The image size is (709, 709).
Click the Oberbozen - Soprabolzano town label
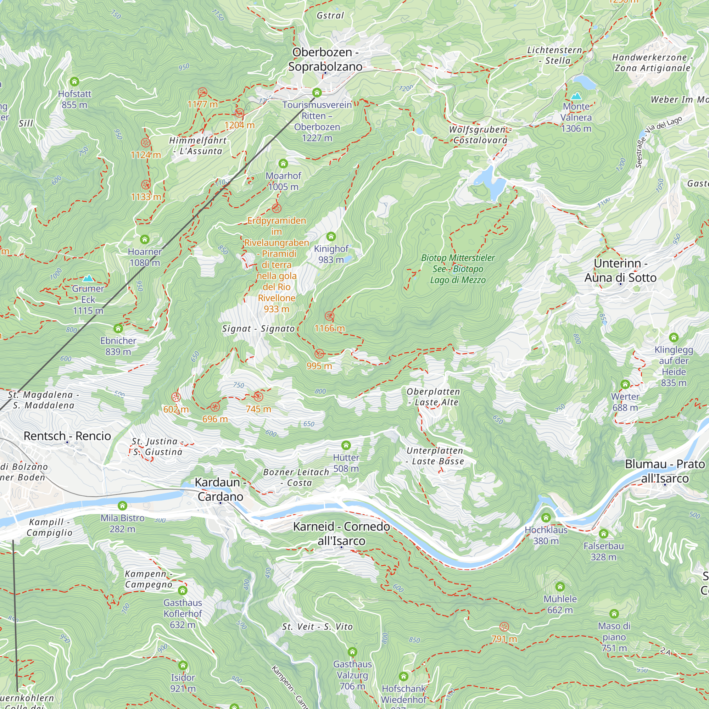325,60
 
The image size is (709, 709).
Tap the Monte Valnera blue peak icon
576,96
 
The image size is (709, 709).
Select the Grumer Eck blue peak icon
88,278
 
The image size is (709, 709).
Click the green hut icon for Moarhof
283,163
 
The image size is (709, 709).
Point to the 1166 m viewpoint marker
330,316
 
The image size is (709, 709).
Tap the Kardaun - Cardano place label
220,489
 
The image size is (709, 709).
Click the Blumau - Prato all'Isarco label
665,471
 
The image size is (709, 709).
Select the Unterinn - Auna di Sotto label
620,270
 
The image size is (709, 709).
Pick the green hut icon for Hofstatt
74,82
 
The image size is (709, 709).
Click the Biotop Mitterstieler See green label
458,269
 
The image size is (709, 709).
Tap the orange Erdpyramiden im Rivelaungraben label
277,264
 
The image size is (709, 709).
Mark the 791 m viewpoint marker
504,626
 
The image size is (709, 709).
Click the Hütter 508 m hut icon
346,446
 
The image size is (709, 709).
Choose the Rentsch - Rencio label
67,436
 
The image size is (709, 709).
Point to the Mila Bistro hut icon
123,506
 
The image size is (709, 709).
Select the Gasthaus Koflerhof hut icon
183,591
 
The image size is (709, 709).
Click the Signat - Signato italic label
258,329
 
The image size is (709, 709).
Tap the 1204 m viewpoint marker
239,113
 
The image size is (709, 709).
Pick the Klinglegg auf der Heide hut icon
674,337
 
